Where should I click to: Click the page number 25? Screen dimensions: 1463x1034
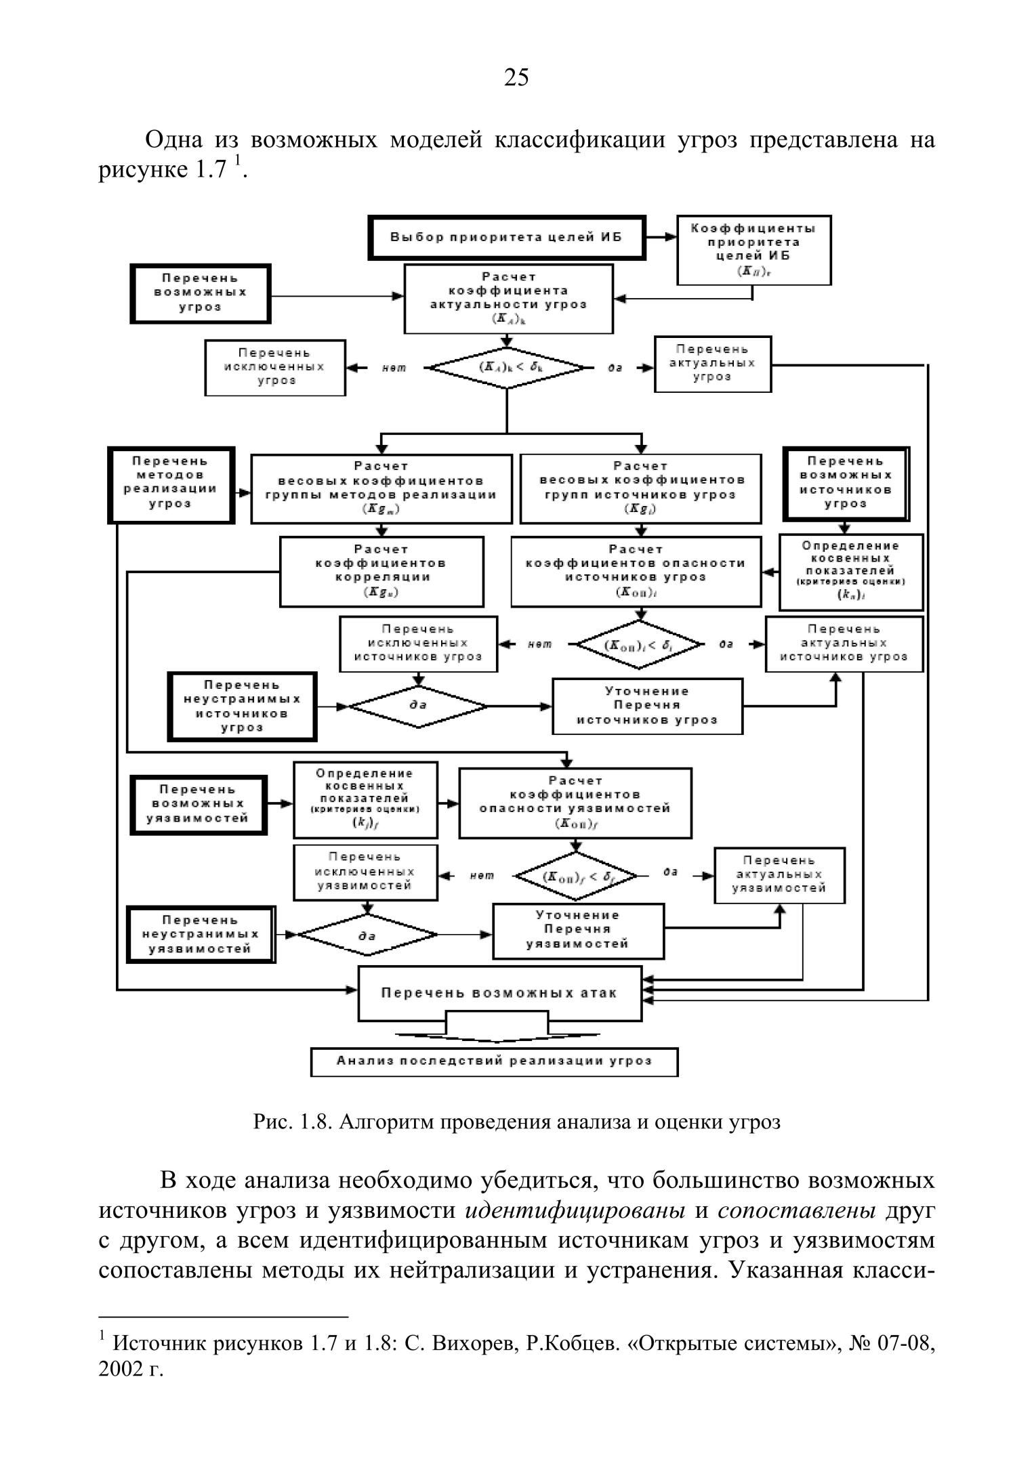[x=516, y=79]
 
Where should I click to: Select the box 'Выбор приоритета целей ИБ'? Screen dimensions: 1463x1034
[x=507, y=238]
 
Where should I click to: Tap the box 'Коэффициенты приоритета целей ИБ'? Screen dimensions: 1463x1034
[x=754, y=250]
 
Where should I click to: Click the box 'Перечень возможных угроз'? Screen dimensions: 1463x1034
[x=201, y=293]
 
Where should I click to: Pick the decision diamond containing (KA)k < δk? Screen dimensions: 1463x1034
[x=507, y=368]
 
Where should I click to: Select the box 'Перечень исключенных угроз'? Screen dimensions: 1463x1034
[x=275, y=367]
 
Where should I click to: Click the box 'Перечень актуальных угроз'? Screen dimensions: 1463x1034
[x=712, y=364]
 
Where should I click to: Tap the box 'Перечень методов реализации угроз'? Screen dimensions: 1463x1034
[x=171, y=484]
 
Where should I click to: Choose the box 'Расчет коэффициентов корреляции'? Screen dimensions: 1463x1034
[x=381, y=571]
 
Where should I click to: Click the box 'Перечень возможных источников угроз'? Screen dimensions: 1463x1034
[x=846, y=484]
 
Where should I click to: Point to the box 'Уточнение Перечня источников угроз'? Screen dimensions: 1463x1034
[x=647, y=706]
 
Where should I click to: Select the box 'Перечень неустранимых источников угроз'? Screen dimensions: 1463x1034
[x=242, y=706]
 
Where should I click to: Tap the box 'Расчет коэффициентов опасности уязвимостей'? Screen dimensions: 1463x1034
[x=575, y=803]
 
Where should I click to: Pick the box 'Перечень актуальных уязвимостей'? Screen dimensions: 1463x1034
[x=779, y=875]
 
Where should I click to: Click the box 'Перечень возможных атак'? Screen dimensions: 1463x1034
[x=499, y=993]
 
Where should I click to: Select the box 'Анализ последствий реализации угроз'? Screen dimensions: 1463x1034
[x=494, y=1061]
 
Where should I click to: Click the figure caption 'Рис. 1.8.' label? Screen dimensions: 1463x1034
[x=292, y=1122]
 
